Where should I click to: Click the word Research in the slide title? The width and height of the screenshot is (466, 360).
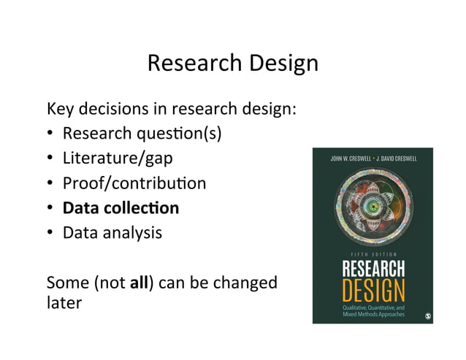click(190, 64)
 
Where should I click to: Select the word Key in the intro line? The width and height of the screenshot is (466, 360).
click(60, 110)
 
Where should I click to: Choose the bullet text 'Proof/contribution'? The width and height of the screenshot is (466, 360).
click(134, 183)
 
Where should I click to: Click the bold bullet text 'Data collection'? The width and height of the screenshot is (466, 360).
click(121, 208)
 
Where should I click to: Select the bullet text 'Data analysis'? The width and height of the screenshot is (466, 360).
click(112, 233)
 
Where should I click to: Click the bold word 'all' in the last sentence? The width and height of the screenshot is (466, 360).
click(139, 282)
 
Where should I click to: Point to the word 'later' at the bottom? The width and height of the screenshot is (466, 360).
click(64, 302)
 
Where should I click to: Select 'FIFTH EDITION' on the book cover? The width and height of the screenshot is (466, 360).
click(373, 254)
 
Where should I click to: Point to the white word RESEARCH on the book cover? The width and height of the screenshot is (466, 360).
click(373, 269)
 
